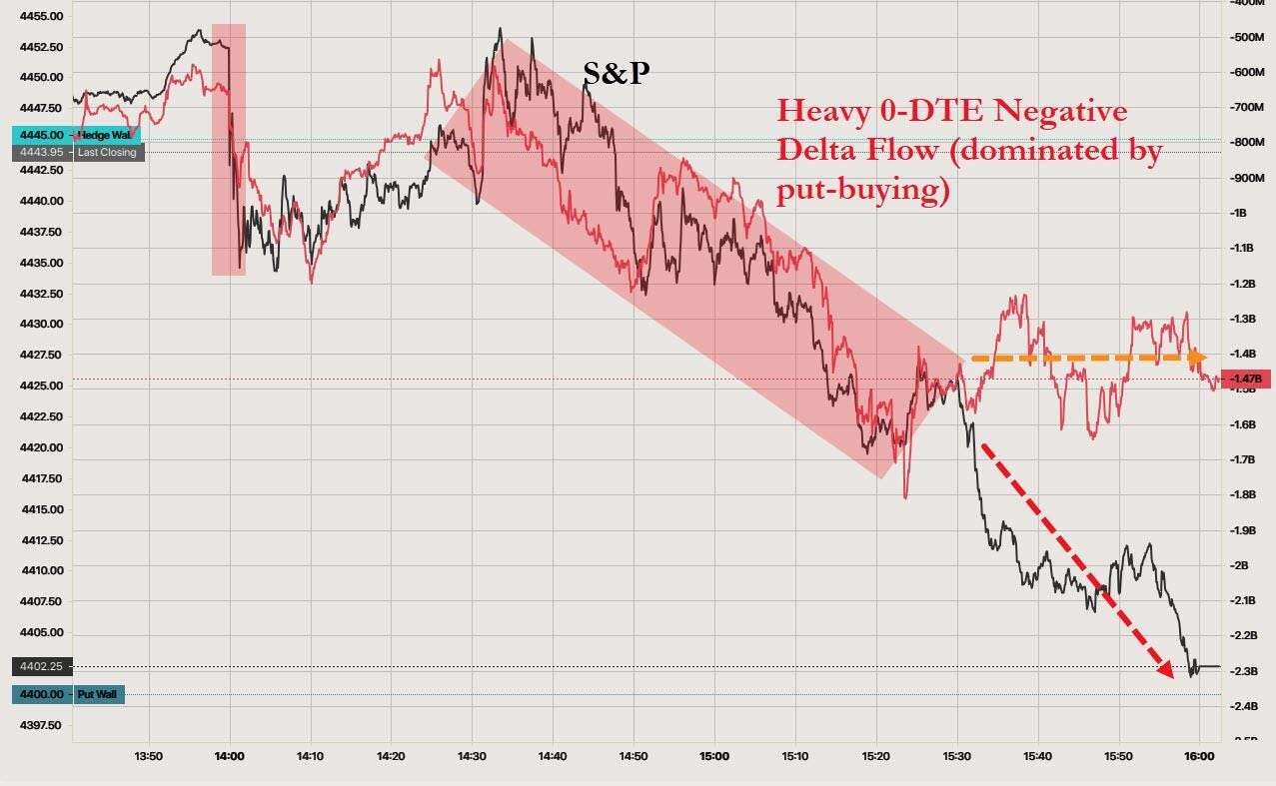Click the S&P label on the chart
click(x=617, y=72)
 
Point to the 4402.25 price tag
click(x=41, y=666)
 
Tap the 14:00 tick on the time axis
click(x=229, y=756)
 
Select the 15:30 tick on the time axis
click(x=957, y=756)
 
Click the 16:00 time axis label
click(x=1199, y=756)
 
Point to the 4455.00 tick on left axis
click(x=41, y=16)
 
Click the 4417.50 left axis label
click(x=41, y=478)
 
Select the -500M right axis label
click(x=1243, y=37)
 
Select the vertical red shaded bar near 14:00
click(x=229, y=149)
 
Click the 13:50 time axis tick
click(x=148, y=756)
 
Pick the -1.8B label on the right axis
click(x=1242, y=494)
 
